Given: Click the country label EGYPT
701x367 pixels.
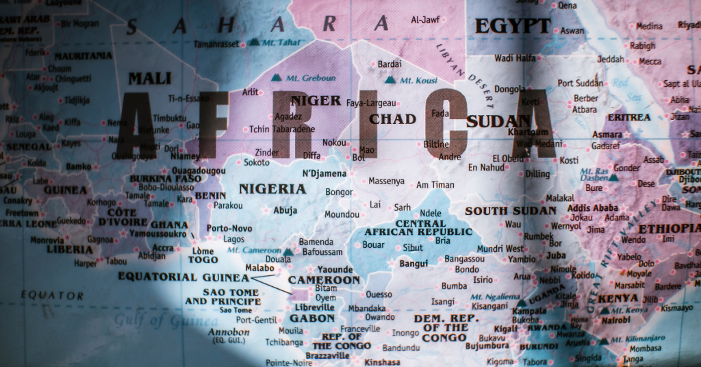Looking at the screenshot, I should click(x=512, y=26).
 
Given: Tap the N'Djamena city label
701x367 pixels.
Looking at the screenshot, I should click(x=324, y=173).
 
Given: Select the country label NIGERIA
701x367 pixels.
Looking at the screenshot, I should click(x=272, y=188).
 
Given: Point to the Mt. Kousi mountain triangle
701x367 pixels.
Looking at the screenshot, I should click(x=390, y=80).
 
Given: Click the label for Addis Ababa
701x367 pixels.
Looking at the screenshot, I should click(x=593, y=207).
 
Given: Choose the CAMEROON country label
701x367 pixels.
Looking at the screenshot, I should click(x=324, y=280).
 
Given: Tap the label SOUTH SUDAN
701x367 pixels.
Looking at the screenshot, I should click(x=511, y=211).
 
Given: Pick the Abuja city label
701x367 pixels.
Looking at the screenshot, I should click(x=285, y=210).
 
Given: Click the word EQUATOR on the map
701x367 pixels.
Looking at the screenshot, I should click(x=51, y=296).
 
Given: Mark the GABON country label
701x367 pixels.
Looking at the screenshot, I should click(x=312, y=318).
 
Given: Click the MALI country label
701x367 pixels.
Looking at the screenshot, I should click(x=150, y=78).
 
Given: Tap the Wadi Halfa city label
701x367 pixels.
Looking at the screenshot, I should click(x=515, y=58).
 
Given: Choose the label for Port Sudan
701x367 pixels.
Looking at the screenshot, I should click(x=581, y=83).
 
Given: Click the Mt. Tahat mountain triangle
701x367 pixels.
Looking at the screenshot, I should click(x=255, y=42).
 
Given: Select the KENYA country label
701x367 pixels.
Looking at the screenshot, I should click(x=618, y=299).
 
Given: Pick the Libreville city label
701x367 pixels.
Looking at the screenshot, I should click(x=314, y=308).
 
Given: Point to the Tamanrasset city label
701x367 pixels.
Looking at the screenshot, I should click(x=216, y=44).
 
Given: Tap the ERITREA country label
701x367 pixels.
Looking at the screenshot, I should click(x=629, y=117).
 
